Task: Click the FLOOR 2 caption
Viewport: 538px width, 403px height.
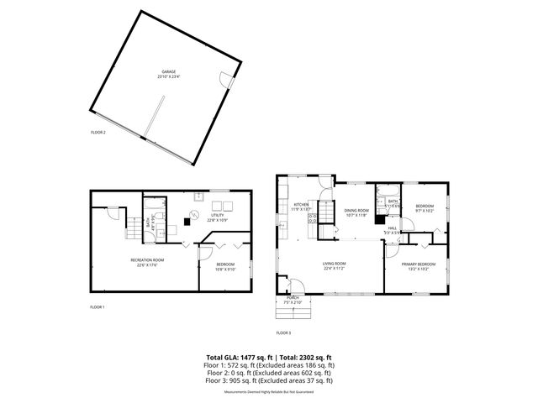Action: [x=98, y=133]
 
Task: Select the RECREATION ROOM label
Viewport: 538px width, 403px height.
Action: [x=146, y=260]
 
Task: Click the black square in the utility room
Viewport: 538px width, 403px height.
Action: [x=187, y=222]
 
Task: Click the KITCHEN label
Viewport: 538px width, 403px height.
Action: [x=301, y=205]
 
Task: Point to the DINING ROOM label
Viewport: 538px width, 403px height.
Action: [x=356, y=211]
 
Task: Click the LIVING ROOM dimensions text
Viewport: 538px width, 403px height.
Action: [x=335, y=270]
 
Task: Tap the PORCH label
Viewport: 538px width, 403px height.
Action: [x=293, y=297]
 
